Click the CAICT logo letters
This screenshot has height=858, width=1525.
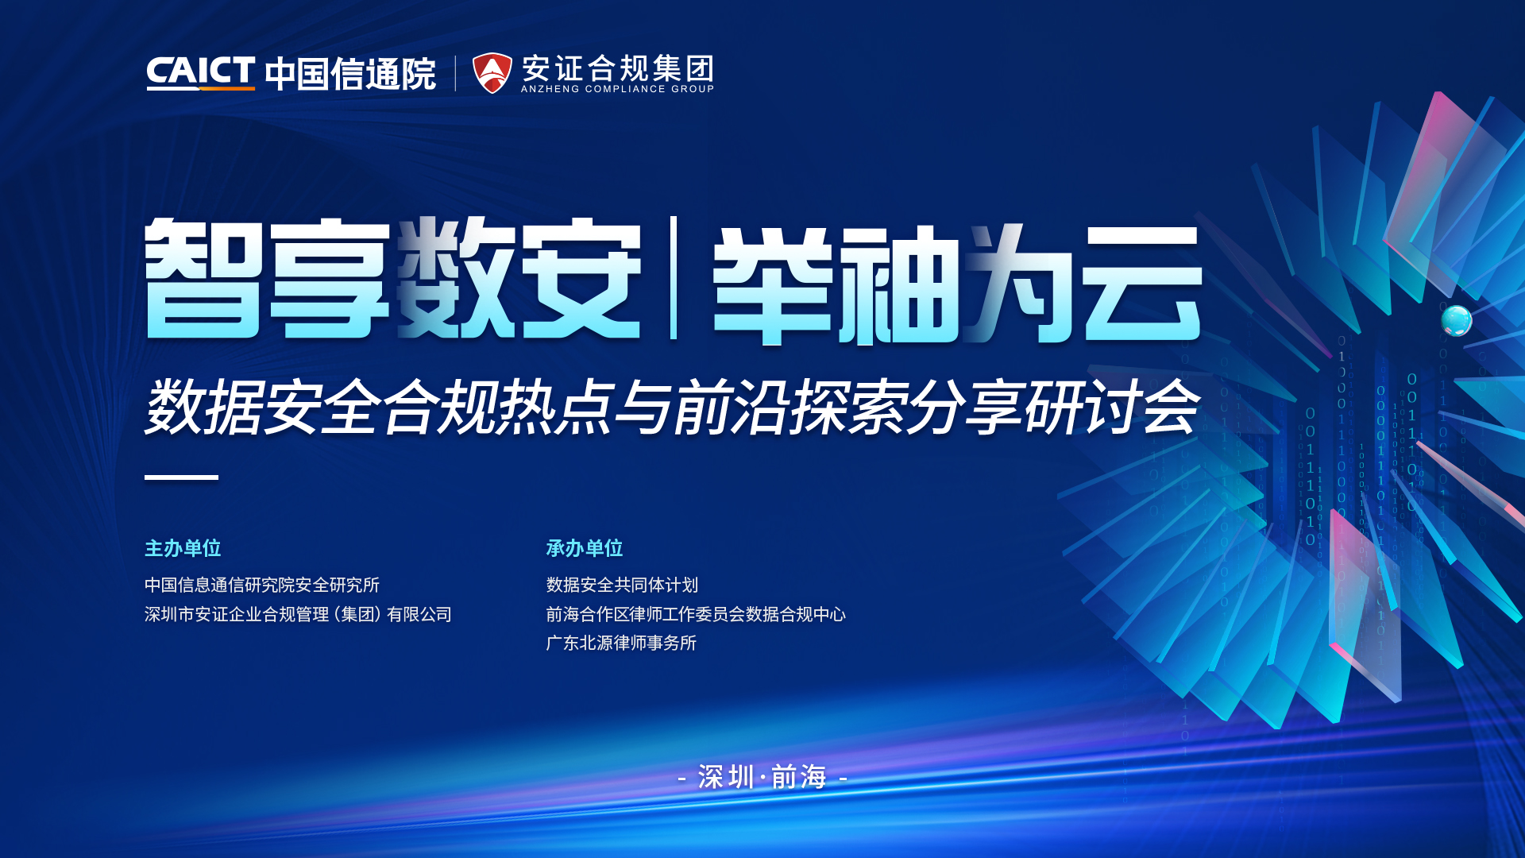click(200, 72)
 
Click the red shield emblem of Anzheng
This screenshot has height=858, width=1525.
click(492, 73)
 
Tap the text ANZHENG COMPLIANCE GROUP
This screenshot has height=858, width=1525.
click(617, 89)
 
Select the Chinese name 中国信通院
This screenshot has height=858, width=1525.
click(350, 74)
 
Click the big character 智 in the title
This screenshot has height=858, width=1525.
click(203, 278)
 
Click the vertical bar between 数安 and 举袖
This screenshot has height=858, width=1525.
click(674, 277)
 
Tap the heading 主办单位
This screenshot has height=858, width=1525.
click(183, 548)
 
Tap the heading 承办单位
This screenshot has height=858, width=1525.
click(585, 548)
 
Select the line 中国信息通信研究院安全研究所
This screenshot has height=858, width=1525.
click(262, 586)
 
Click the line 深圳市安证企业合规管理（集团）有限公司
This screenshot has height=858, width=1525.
click(298, 614)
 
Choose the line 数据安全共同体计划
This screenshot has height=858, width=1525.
click(622, 586)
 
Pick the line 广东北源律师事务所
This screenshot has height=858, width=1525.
click(621, 643)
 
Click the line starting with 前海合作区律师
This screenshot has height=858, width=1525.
click(696, 614)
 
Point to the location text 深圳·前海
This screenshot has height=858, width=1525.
click(762, 777)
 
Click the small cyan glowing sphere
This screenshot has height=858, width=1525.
click(1457, 321)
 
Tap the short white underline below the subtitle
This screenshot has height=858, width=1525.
click(181, 477)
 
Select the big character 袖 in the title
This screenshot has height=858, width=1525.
click(901, 284)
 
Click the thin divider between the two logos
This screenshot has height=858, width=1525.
click(455, 73)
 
